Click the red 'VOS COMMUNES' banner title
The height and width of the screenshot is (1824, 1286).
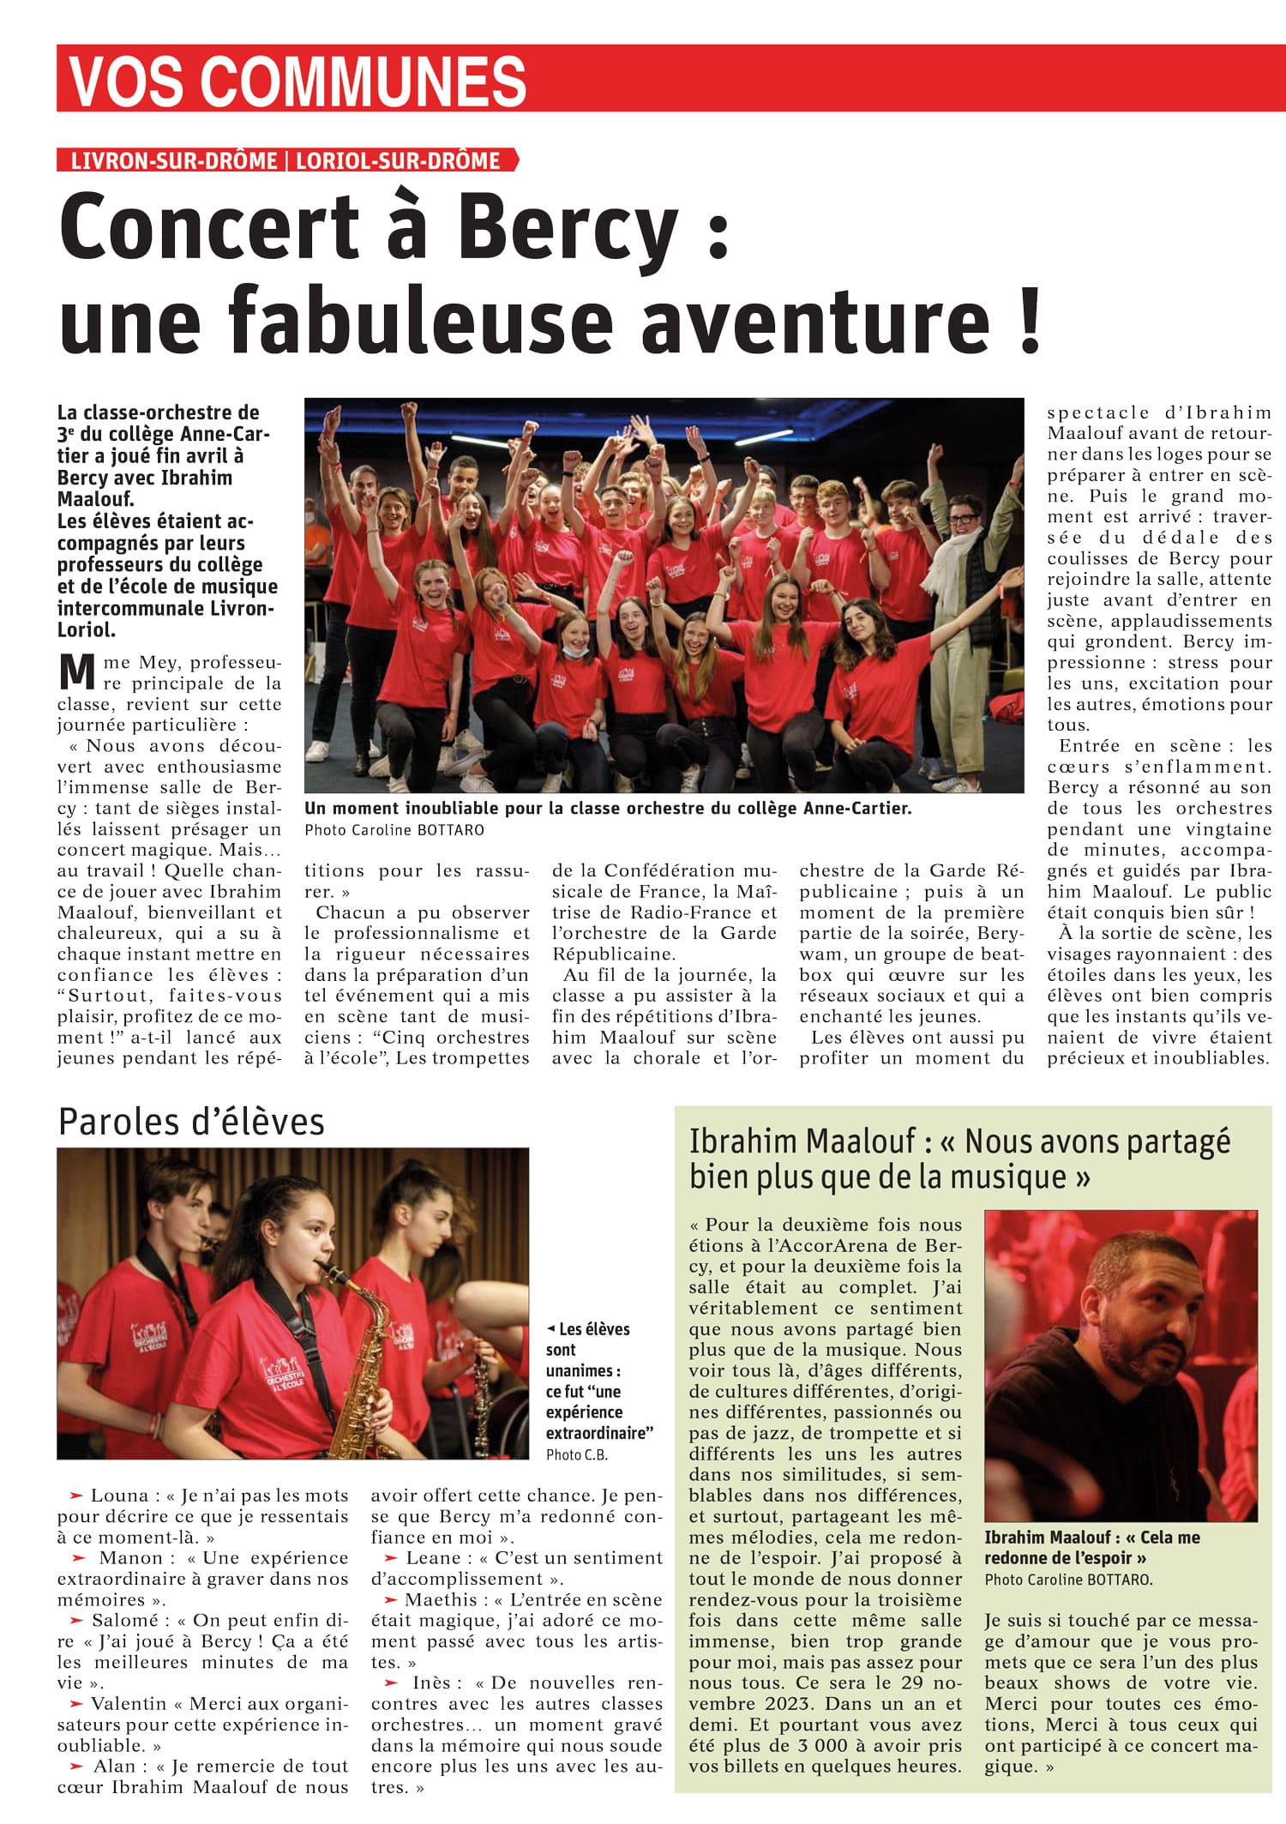coord(297,80)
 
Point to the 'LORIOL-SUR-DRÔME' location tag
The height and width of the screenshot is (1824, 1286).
coord(398,160)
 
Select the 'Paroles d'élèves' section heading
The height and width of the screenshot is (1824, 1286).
coord(191,1122)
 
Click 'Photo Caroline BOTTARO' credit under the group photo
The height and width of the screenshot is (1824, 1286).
coord(394,830)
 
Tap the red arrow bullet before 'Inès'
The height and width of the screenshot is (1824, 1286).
coord(391,1683)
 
